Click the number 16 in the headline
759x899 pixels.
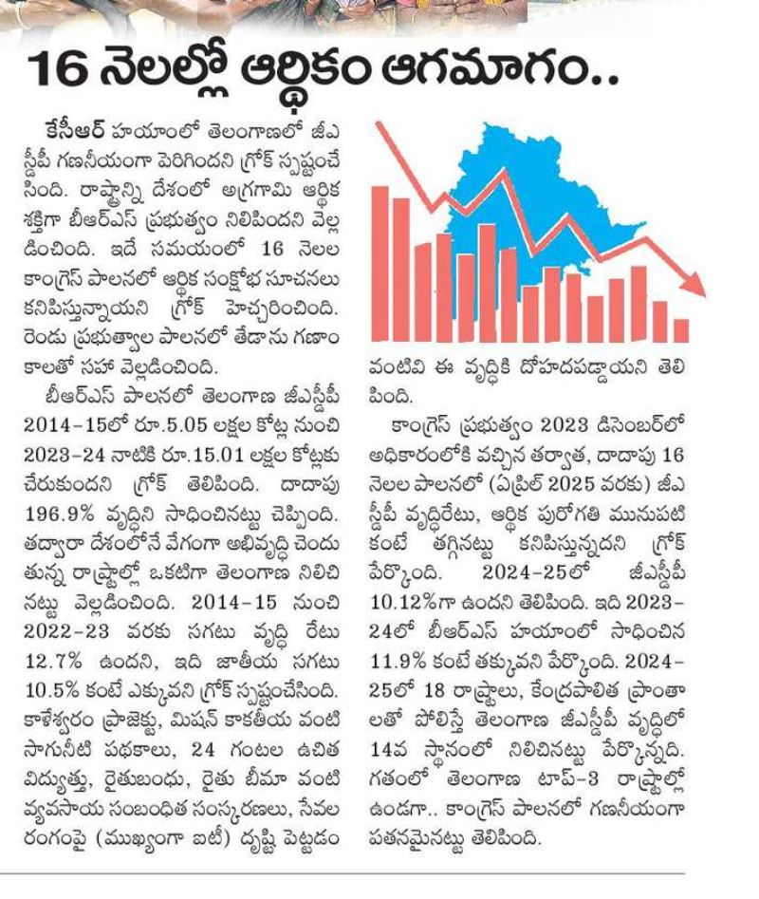pos(57,68)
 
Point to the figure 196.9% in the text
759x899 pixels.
pos(59,514)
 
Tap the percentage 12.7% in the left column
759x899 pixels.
pos(53,661)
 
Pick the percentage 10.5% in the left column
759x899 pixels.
pos(53,690)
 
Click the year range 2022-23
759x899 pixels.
pos(66,631)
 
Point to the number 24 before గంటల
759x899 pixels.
pos(203,749)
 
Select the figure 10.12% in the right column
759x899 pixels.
pos(404,602)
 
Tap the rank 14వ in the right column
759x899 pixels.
pos(387,749)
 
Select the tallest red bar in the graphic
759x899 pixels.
pos(380,263)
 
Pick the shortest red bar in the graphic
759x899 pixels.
pos(681,330)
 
